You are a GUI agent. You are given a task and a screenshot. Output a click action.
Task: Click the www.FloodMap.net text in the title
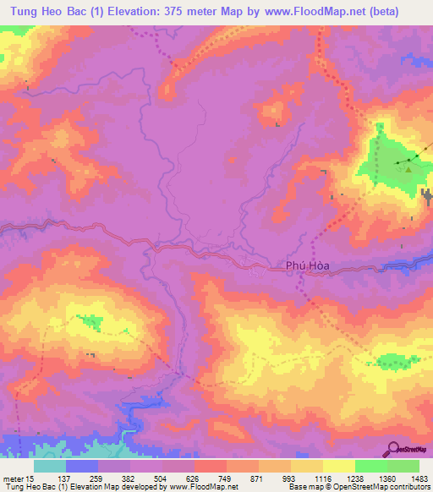point(321,12)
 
